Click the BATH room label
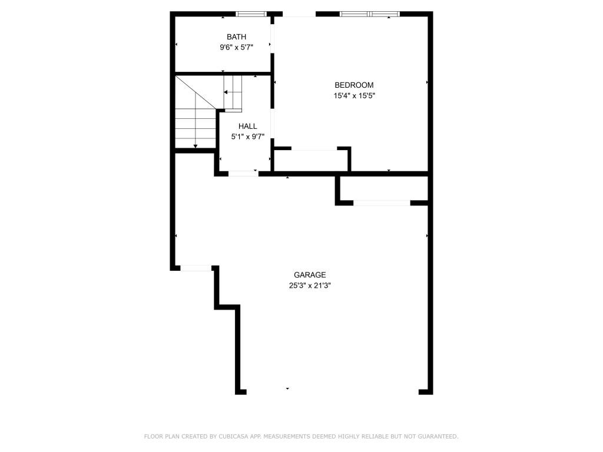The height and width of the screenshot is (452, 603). point(237,37)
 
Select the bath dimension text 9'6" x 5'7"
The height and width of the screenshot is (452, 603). point(237,47)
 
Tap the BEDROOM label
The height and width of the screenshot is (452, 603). point(354,85)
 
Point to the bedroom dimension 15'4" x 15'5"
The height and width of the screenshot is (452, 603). point(354,95)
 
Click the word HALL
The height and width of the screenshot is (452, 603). point(248,126)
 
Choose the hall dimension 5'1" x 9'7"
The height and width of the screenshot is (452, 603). point(248,137)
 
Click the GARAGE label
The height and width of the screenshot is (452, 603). point(310,275)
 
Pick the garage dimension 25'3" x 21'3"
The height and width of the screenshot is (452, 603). point(310,285)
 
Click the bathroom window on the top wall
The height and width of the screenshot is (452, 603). point(251,14)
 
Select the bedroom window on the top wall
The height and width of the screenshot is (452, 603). point(370,14)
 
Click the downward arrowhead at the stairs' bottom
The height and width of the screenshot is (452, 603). point(196,146)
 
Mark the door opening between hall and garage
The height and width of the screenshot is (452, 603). point(244,174)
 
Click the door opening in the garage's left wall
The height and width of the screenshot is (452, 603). point(196,268)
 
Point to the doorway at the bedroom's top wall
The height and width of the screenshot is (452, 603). point(299,14)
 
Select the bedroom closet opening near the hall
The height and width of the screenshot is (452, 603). point(314,148)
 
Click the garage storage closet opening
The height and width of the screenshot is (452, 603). point(382,203)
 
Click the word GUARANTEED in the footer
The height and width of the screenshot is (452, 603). point(438,436)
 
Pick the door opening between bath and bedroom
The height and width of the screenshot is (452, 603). point(273,39)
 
